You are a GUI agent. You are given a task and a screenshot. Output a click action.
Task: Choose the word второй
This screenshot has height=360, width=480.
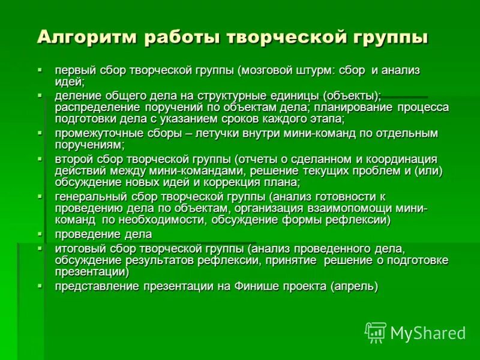tap(74, 159)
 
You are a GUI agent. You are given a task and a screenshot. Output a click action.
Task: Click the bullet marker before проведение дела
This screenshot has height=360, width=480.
tap(40, 234)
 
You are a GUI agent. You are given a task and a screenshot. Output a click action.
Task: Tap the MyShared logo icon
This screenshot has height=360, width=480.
tap(376, 332)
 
